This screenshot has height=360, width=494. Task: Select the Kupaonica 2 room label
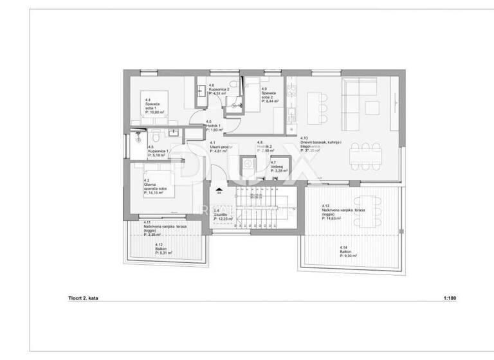pos(220,89)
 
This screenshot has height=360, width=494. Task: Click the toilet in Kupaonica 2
pos(237,84)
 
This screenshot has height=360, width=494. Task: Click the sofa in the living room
pos(357,102)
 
